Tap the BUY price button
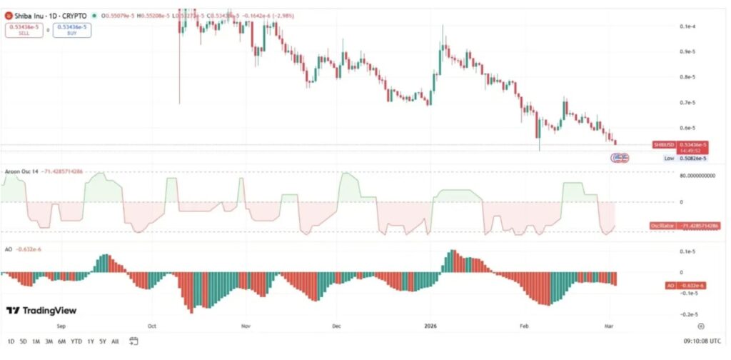click(71, 30)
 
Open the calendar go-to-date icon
click(134, 341)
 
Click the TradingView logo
click(41, 311)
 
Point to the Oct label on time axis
click(152, 324)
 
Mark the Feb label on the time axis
click(523, 324)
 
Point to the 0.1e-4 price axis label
click(688, 26)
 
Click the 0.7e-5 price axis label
click(688, 103)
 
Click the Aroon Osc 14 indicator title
click(20, 172)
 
